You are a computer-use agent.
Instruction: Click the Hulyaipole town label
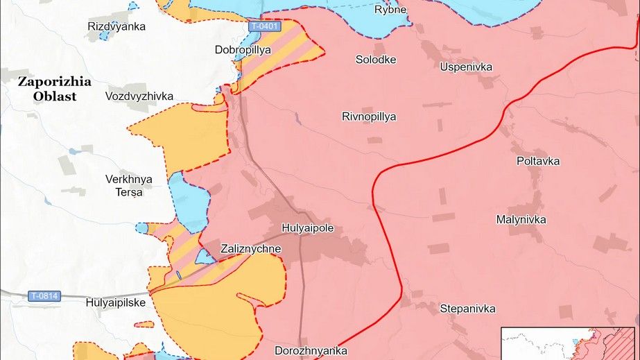[x=308, y=228]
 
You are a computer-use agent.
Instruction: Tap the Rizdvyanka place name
[x=116, y=26]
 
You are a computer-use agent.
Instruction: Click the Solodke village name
[x=376, y=60]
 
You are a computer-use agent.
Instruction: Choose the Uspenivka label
[x=466, y=67]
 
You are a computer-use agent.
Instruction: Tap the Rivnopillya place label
[x=369, y=117]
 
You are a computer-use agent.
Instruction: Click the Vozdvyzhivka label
[x=139, y=96]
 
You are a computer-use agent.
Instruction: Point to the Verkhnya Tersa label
[x=129, y=185]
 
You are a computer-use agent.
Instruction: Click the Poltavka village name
[x=538, y=161]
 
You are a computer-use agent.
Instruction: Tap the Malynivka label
[x=521, y=220]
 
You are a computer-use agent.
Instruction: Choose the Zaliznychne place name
[x=250, y=248]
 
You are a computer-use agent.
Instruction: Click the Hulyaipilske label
[x=116, y=302]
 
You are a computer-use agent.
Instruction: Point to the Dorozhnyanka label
[x=311, y=351]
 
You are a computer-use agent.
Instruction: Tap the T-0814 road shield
[x=45, y=296]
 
